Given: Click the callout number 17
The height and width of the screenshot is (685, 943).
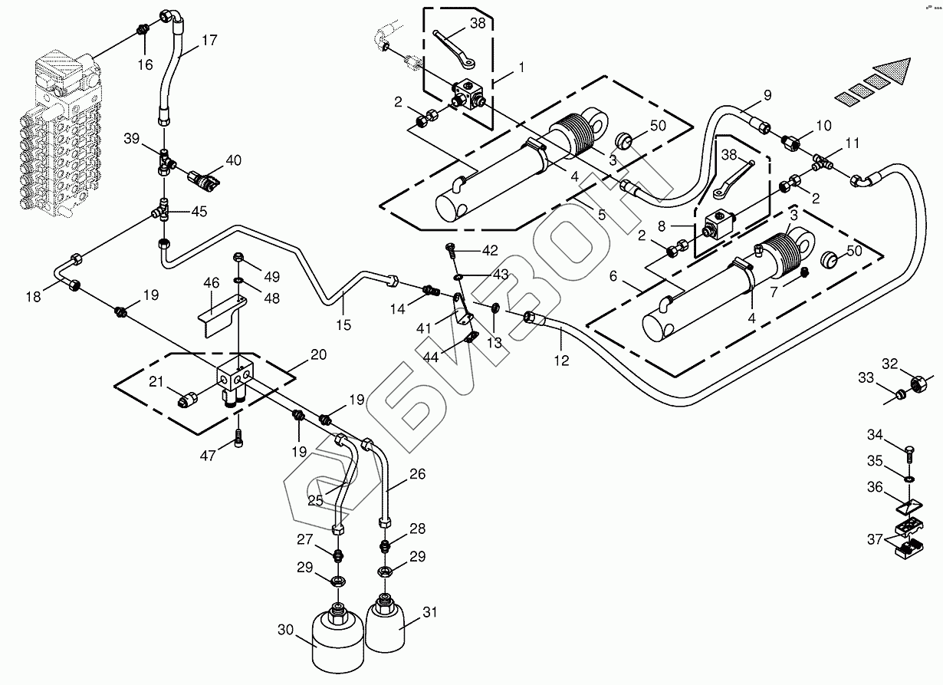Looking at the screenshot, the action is pos(209,41).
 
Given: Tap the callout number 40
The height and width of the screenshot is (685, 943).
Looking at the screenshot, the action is pos(234,160).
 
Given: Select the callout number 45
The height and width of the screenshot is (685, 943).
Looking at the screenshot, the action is pos(199,212).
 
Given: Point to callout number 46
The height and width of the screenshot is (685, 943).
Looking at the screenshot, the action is pos(212,283).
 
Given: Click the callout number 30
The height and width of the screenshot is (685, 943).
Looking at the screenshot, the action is pos(285,630).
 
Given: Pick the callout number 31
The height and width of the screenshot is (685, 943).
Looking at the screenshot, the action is pos(430,612).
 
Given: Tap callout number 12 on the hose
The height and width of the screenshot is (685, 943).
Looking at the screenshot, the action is pos(561,361).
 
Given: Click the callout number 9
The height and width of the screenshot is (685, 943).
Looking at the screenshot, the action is pos(767,96).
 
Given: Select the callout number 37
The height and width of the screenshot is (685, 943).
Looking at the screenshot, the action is pos(875,539).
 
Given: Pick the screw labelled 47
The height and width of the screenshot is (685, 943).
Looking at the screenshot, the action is pos(238,438).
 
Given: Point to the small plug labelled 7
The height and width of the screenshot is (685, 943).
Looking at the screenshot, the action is pos(804,272).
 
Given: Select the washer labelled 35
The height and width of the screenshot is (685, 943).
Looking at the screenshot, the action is pos(909,479).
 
